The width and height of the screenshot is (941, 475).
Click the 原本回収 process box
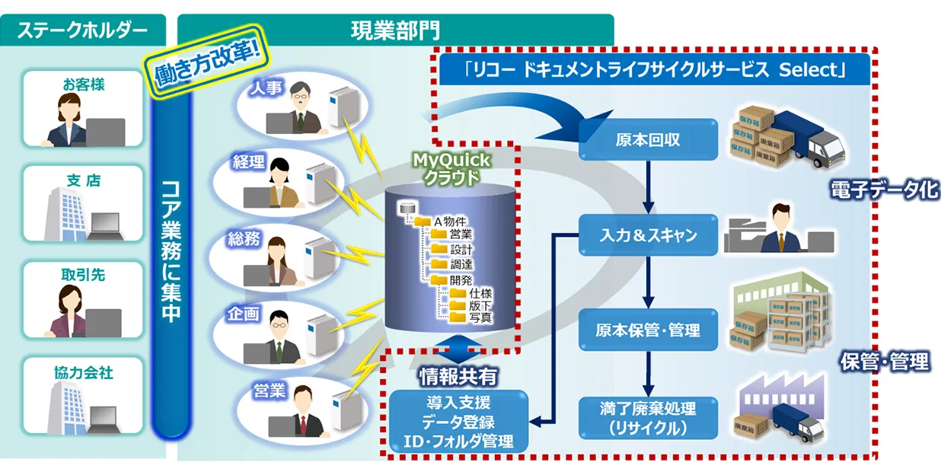(x=647, y=139)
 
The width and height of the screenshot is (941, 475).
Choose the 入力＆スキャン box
(x=647, y=235)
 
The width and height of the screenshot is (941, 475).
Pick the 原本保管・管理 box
(x=647, y=330)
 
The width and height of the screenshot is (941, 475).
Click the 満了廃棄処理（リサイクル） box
(x=647, y=418)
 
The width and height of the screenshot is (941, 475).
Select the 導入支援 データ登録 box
(x=458, y=421)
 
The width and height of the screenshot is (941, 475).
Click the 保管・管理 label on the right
(x=884, y=361)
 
